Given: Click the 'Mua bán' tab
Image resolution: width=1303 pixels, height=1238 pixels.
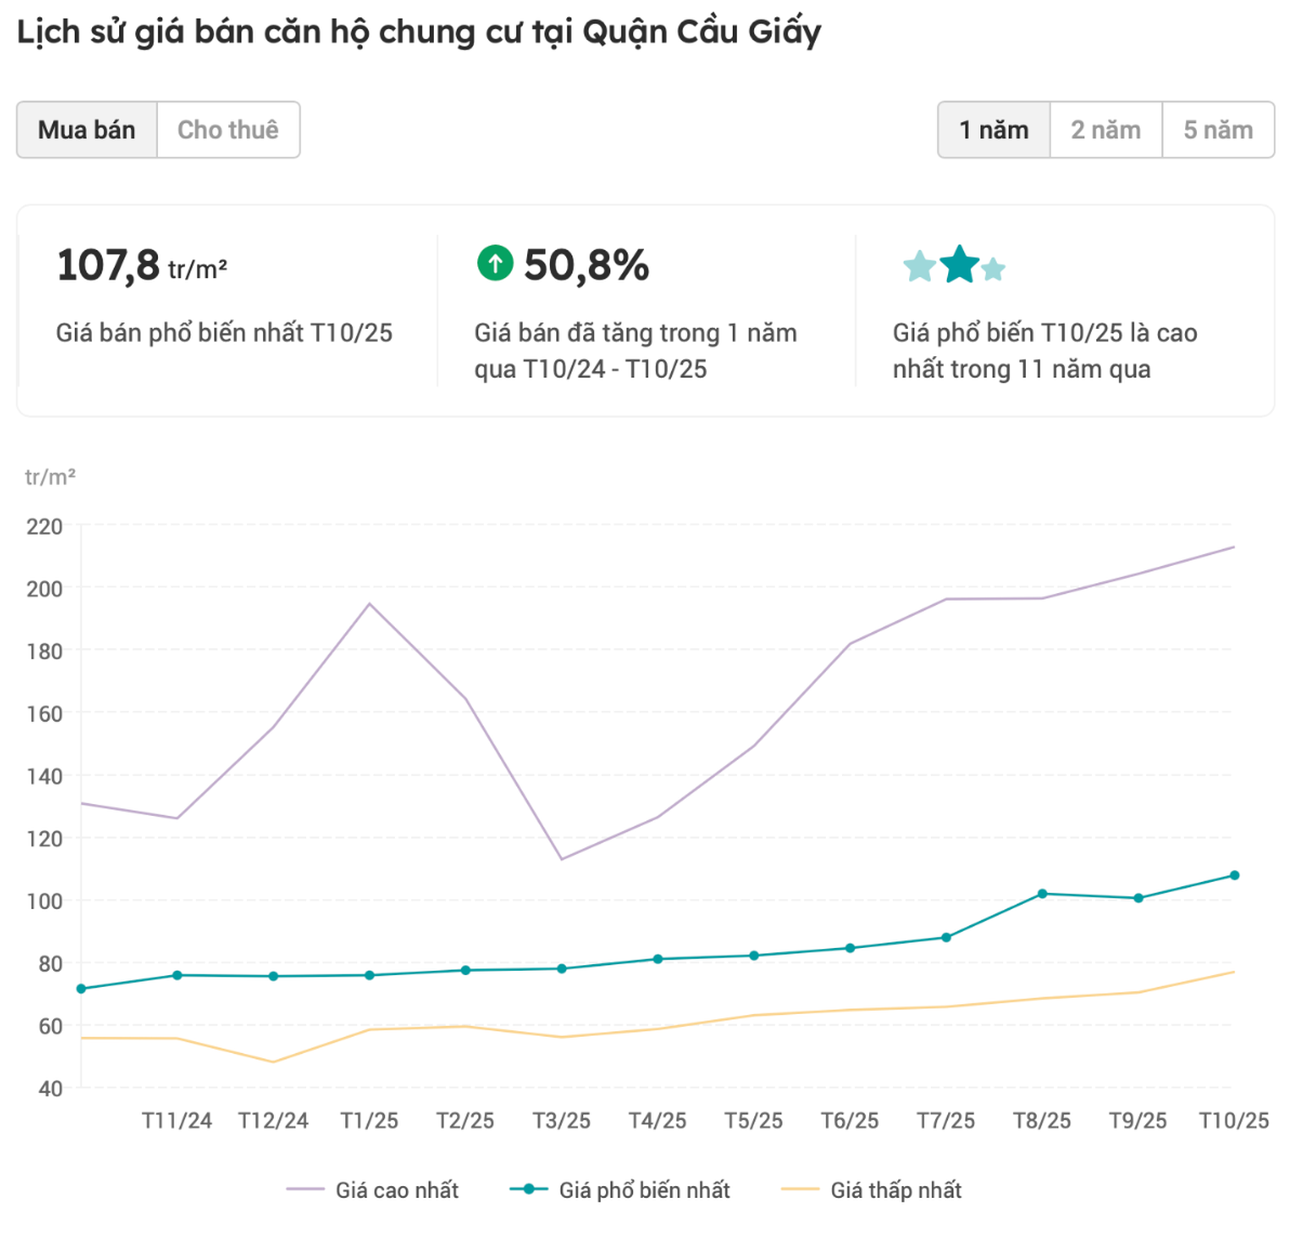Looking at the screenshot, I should [86, 130].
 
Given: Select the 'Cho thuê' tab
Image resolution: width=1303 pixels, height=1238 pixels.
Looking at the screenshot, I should [228, 130].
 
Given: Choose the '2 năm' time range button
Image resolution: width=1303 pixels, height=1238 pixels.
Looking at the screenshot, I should [1105, 130].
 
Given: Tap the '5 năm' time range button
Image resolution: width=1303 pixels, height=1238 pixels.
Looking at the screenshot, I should [1217, 130].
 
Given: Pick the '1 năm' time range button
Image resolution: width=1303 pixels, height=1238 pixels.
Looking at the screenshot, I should [994, 130].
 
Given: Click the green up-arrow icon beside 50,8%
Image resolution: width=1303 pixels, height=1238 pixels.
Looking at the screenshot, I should [495, 263].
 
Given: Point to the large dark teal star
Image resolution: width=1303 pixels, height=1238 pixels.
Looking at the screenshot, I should [959, 265].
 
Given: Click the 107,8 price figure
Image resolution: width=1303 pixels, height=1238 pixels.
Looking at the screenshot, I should [108, 266].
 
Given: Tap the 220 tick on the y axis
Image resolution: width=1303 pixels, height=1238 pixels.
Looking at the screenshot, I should [45, 527].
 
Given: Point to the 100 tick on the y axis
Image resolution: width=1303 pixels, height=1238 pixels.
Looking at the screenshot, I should [45, 902].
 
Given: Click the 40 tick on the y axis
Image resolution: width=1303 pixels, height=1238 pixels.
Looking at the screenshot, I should [50, 1089].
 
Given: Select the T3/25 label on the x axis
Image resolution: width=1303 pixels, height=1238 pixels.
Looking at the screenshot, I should [561, 1122].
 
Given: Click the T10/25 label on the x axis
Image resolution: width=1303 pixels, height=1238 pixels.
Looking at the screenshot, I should [1233, 1122].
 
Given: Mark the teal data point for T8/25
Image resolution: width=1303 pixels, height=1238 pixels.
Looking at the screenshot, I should [1042, 894].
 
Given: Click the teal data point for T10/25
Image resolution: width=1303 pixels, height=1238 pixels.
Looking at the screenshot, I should [1235, 876].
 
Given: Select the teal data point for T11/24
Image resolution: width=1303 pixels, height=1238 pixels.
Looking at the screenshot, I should [177, 975].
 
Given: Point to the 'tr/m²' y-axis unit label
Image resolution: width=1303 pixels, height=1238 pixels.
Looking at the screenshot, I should [50, 477].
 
